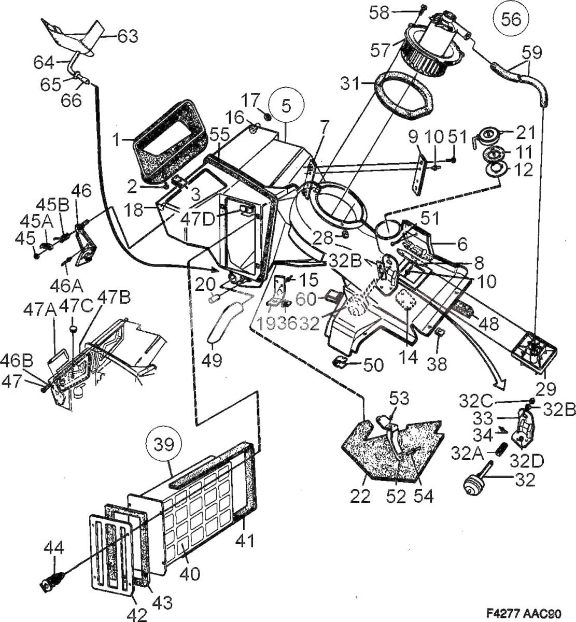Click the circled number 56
click(511, 20)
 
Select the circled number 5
click(286, 105)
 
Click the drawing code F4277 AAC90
click(524, 614)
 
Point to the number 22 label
click(360, 496)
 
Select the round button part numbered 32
click(472, 488)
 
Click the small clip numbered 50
click(340, 362)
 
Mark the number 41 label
click(244, 540)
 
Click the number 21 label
click(525, 133)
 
